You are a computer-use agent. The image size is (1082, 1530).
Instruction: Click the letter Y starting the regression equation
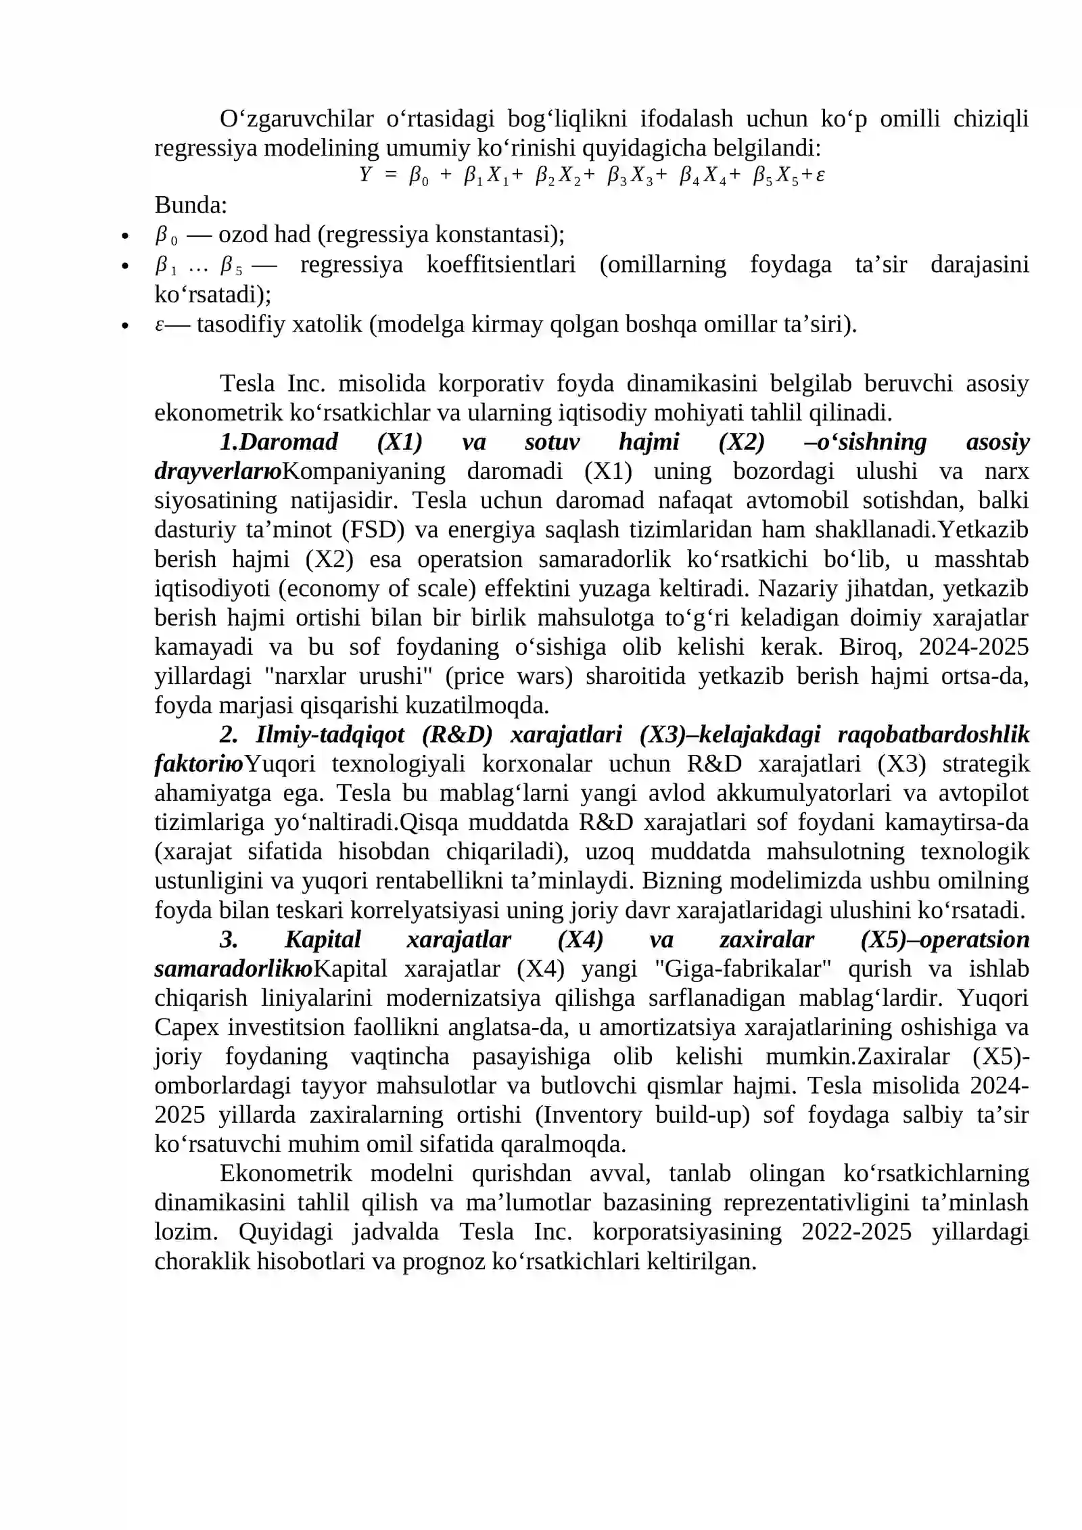pos(365,176)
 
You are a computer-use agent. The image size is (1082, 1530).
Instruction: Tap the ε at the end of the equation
pos(820,176)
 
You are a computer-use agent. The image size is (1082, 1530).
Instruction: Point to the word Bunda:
pos(191,205)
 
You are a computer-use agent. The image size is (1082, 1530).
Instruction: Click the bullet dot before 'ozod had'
pos(124,237)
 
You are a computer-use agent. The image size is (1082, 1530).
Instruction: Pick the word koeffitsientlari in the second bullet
pos(501,264)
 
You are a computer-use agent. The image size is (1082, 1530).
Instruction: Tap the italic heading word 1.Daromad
pos(279,442)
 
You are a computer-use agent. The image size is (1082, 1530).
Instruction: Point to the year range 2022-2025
pos(856,1232)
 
